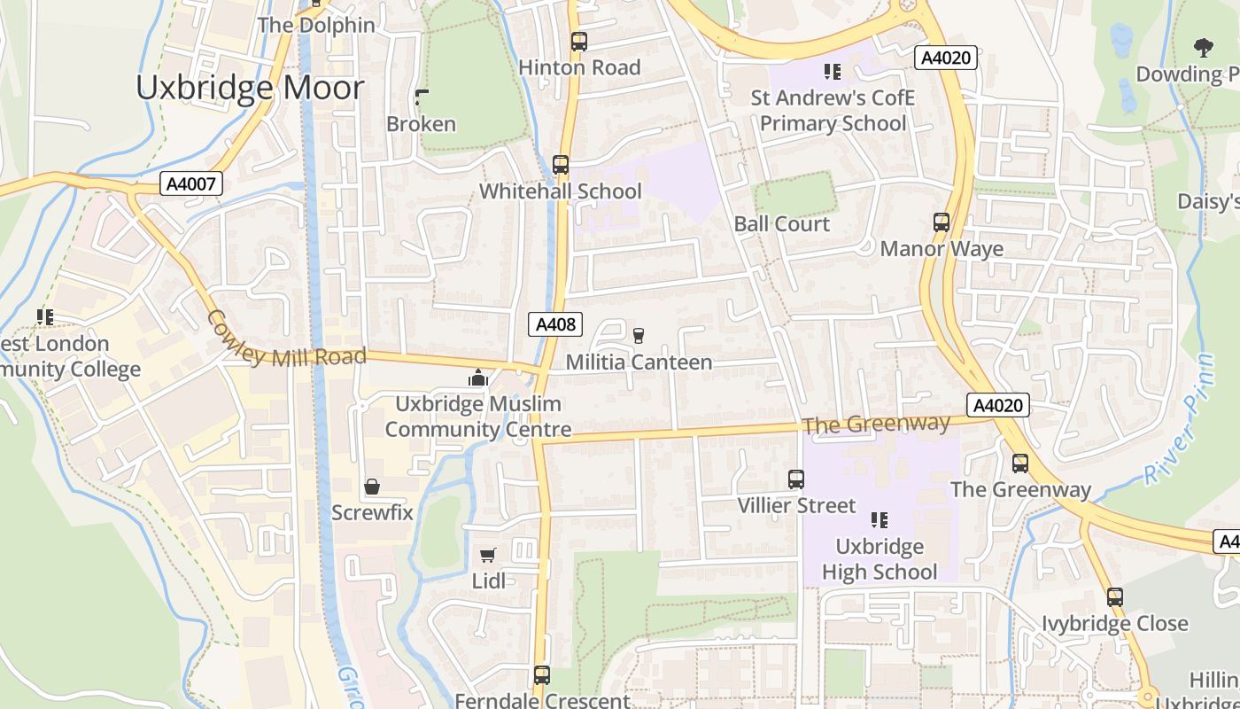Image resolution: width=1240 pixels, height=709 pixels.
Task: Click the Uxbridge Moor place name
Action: tap(250, 88)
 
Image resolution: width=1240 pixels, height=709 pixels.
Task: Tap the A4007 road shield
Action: tap(191, 183)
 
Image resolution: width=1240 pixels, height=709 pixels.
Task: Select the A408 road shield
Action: tap(555, 324)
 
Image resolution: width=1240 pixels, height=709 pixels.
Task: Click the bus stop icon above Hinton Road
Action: tap(578, 42)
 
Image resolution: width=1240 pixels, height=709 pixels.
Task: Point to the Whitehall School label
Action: tap(560, 191)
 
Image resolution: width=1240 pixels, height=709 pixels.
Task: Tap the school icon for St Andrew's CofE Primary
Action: tap(832, 71)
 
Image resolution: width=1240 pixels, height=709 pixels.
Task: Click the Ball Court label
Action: tap(781, 224)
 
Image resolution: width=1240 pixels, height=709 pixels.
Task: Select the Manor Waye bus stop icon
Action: tap(942, 222)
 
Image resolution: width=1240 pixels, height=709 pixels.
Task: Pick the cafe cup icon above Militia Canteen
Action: tap(639, 334)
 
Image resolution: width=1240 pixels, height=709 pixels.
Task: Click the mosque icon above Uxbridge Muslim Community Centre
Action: tap(478, 378)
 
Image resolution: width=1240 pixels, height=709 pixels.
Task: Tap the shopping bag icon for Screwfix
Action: tap(372, 487)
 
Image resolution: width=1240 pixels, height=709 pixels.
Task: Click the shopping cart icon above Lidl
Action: tap(488, 555)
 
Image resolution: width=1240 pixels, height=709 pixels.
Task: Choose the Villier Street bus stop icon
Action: tap(796, 479)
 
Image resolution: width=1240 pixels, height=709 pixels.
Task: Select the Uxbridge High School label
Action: tap(879, 559)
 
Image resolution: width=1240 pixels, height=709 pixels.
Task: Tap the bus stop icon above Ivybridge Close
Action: tap(1114, 597)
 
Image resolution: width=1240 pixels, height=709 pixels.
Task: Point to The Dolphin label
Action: tap(316, 25)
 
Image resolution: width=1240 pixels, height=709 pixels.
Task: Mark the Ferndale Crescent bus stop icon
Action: tap(542, 675)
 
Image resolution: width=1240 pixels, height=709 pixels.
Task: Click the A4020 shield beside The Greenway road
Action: tap(998, 405)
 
